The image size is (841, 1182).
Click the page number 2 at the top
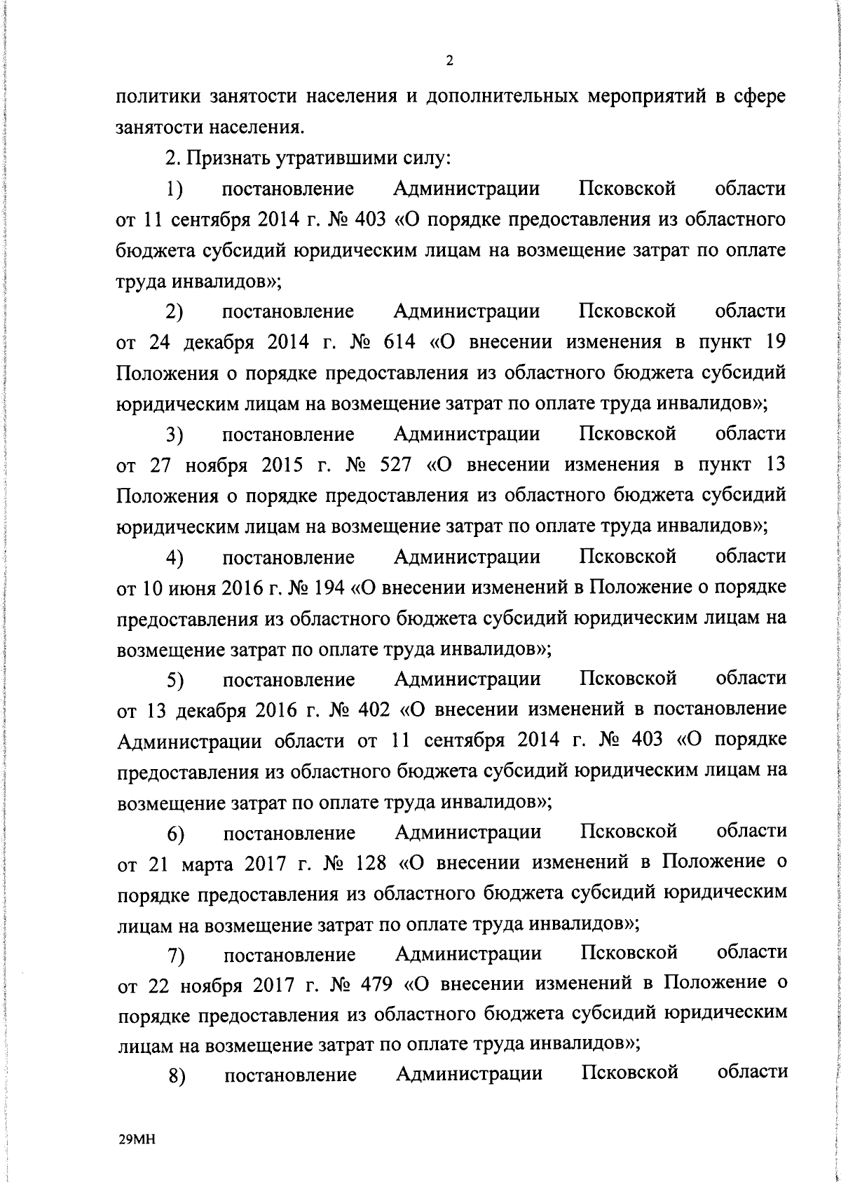pos(449,61)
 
